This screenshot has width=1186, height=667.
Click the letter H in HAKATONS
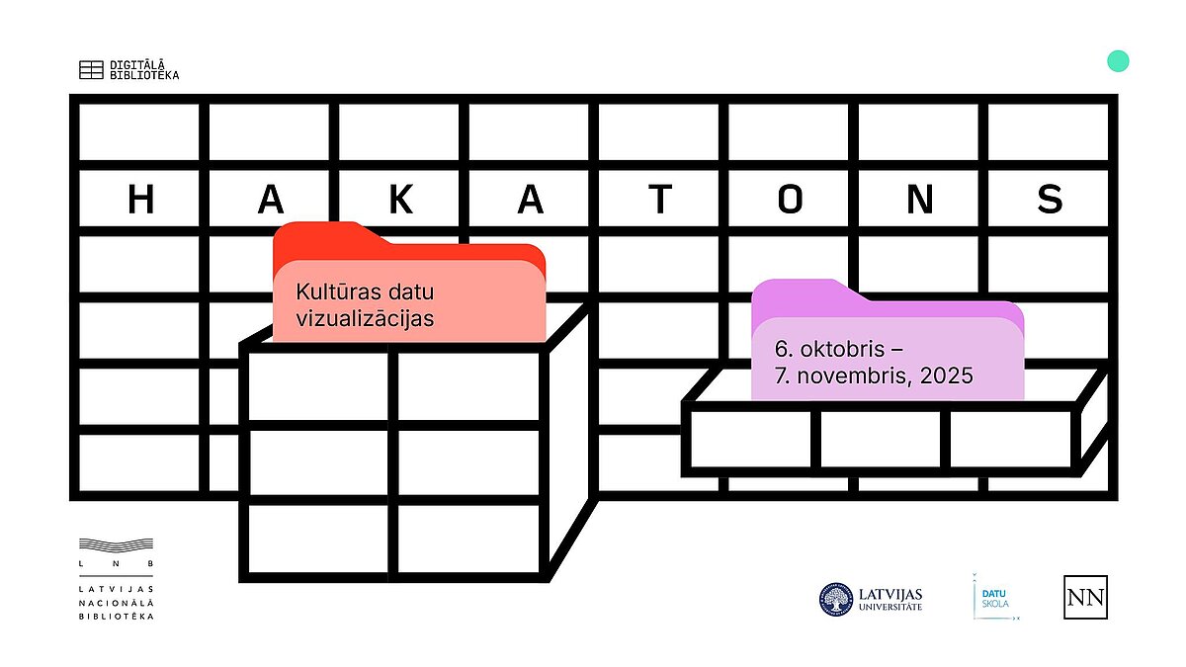coord(140,199)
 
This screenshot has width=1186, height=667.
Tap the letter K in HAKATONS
coord(401,199)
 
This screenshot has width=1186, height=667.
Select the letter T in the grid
coord(660,199)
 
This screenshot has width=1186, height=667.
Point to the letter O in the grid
coord(790,199)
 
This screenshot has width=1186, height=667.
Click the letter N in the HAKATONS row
coord(920,199)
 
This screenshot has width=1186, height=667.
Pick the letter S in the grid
coord(1050,199)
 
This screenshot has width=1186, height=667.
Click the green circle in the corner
coord(1118,61)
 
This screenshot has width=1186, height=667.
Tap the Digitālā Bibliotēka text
coord(144,70)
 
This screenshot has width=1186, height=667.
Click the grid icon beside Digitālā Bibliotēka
coord(91,70)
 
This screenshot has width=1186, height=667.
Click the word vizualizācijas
coord(365,318)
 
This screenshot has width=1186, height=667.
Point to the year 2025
coord(947,375)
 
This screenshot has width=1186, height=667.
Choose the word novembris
coord(855,375)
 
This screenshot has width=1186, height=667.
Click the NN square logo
coord(1085,597)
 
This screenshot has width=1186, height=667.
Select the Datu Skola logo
coord(995,597)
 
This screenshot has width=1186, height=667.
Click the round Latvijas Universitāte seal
coord(836,600)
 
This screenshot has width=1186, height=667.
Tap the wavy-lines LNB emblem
coord(116,545)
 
